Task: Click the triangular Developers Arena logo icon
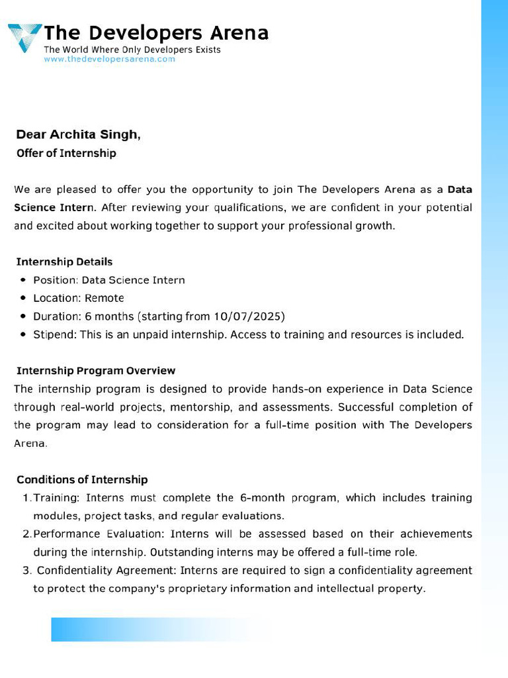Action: [24, 37]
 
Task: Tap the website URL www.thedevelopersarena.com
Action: [109, 59]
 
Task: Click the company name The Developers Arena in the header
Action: [156, 32]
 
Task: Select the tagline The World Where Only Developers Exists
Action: [132, 50]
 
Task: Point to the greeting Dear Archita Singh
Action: [78, 134]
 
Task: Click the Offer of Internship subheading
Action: [66, 153]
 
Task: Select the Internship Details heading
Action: [64, 262]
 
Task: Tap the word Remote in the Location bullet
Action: [105, 298]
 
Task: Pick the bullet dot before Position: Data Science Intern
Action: [23, 280]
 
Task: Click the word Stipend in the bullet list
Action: [54, 334]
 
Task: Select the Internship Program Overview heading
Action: [96, 370]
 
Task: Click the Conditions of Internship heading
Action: [82, 479]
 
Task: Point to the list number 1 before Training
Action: [26, 497]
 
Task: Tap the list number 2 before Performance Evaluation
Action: [26, 534]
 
